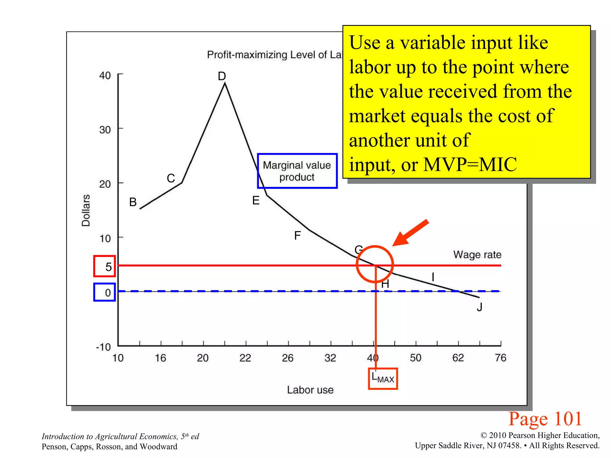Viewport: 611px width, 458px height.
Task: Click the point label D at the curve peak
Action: (x=222, y=76)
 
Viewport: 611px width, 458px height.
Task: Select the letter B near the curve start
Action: (x=133, y=202)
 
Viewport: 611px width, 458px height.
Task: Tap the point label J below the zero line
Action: (x=479, y=307)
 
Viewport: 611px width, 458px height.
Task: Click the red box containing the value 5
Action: (x=104, y=266)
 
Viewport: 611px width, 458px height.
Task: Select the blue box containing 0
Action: (x=104, y=292)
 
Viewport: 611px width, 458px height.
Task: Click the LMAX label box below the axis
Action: (x=383, y=379)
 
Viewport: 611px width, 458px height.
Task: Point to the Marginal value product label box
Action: (x=297, y=171)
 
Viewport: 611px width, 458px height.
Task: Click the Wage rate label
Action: (x=477, y=255)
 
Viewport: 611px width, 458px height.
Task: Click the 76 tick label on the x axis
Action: (x=500, y=358)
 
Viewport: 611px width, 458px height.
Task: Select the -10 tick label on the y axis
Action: (x=103, y=347)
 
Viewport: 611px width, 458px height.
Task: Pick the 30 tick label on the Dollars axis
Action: (x=105, y=130)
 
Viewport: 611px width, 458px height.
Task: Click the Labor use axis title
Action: (x=310, y=390)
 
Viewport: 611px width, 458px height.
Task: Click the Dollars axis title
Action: (x=86, y=210)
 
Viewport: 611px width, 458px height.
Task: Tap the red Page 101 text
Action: (x=545, y=419)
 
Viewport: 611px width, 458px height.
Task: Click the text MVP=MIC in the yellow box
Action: (x=470, y=164)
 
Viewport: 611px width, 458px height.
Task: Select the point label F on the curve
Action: (x=297, y=236)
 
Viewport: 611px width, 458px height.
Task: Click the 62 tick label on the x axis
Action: (x=458, y=358)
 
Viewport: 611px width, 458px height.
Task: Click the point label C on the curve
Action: (x=171, y=178)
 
